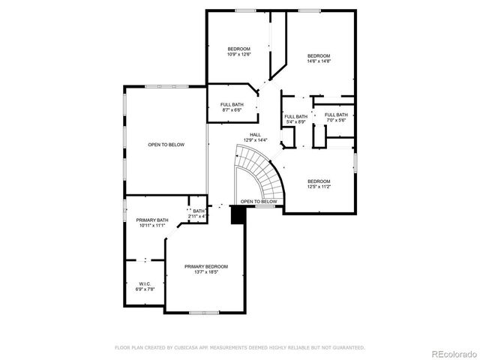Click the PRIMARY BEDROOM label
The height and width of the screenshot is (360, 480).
tap(206, 266)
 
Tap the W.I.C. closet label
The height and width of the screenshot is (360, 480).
tap(144, 283)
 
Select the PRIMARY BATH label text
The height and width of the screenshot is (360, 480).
tap(151, 220)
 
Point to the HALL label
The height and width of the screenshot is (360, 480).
tap(255, 135)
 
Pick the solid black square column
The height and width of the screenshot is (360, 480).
tap(238, 215)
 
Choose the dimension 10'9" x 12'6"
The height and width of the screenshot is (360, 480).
tap(239, 54)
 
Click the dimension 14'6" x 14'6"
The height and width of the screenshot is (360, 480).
tap(318, 61)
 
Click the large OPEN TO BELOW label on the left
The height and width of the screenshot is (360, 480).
tap(166, 145)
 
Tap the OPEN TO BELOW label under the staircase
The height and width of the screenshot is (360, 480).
tap(259, 202)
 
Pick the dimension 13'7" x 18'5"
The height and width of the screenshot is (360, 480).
tap(206, 271)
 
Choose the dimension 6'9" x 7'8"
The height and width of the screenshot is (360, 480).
tap(144, 289)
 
